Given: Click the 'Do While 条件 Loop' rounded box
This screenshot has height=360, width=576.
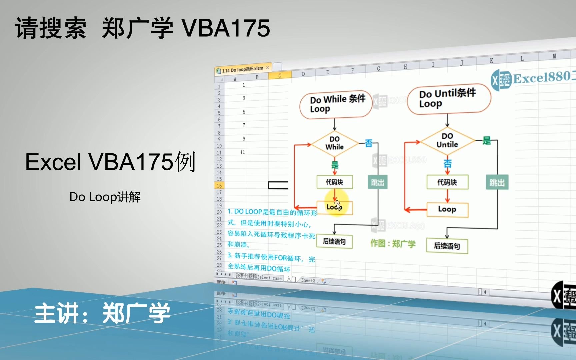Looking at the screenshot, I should point(336,104).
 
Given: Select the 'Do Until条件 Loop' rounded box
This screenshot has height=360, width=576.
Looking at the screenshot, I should point(449,99).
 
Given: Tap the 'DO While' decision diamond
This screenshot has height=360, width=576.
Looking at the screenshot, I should point(334,143).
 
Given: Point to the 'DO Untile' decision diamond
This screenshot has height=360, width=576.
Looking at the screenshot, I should point(447,141).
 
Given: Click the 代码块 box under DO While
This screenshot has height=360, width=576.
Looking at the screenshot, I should point(334,182).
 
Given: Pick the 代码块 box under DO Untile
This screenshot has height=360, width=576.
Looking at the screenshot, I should point(447,182).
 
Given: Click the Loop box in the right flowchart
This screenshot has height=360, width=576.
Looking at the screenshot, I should point(447,209).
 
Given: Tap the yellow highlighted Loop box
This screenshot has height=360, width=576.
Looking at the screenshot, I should point(334,207).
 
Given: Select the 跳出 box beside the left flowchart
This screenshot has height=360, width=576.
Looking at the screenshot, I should point(377,182).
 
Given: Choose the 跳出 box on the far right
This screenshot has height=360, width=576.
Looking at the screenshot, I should point(497,183).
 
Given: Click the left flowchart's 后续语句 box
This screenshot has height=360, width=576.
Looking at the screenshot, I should point(334,241).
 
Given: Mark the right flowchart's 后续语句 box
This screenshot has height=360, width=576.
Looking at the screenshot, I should point(447,246).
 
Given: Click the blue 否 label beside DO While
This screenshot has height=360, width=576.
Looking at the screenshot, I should point(368,143).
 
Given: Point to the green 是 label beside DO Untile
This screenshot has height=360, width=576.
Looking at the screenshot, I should point(486,141).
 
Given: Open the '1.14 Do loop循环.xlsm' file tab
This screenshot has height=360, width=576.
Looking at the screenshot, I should point(243,69).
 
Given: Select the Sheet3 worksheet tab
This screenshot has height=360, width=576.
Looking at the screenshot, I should point(308,280).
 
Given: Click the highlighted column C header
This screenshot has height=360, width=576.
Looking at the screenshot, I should point(280,76).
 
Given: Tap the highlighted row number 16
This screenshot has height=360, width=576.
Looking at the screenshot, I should point(219,186).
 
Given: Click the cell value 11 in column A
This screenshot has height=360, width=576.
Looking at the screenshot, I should point(242,152).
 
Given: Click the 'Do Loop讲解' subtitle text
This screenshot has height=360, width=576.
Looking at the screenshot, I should point(105,197).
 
